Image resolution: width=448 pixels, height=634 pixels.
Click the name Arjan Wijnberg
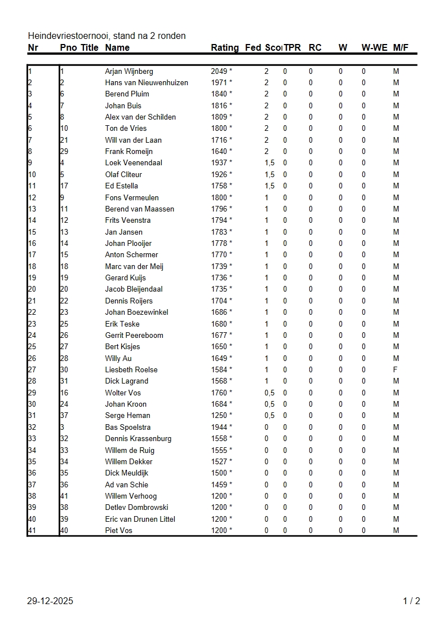128,71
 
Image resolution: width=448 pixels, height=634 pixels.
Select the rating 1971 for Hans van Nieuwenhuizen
219,83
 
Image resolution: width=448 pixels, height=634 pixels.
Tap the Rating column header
224,48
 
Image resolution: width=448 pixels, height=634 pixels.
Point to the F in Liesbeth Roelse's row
395,369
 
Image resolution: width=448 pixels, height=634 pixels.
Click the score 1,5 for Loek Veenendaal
269,163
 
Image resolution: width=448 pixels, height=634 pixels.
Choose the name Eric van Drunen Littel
140,519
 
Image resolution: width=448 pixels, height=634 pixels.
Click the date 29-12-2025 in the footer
50,601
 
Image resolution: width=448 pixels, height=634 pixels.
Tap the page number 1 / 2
411,601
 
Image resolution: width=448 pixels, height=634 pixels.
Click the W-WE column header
374,48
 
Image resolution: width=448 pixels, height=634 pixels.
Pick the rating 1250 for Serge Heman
219,416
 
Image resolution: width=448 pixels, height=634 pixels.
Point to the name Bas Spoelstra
127,427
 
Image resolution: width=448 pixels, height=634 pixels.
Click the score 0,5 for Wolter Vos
269,393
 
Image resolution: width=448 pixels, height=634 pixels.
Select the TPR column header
292,48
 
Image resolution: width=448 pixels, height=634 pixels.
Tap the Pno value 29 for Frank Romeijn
64,151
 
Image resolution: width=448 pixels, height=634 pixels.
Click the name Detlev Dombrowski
136,507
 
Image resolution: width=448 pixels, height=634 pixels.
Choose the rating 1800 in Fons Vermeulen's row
219,197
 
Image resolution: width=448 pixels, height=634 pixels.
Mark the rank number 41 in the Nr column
32,530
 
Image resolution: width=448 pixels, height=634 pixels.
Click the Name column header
117,48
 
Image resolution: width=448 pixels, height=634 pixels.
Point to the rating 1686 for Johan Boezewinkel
219,312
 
